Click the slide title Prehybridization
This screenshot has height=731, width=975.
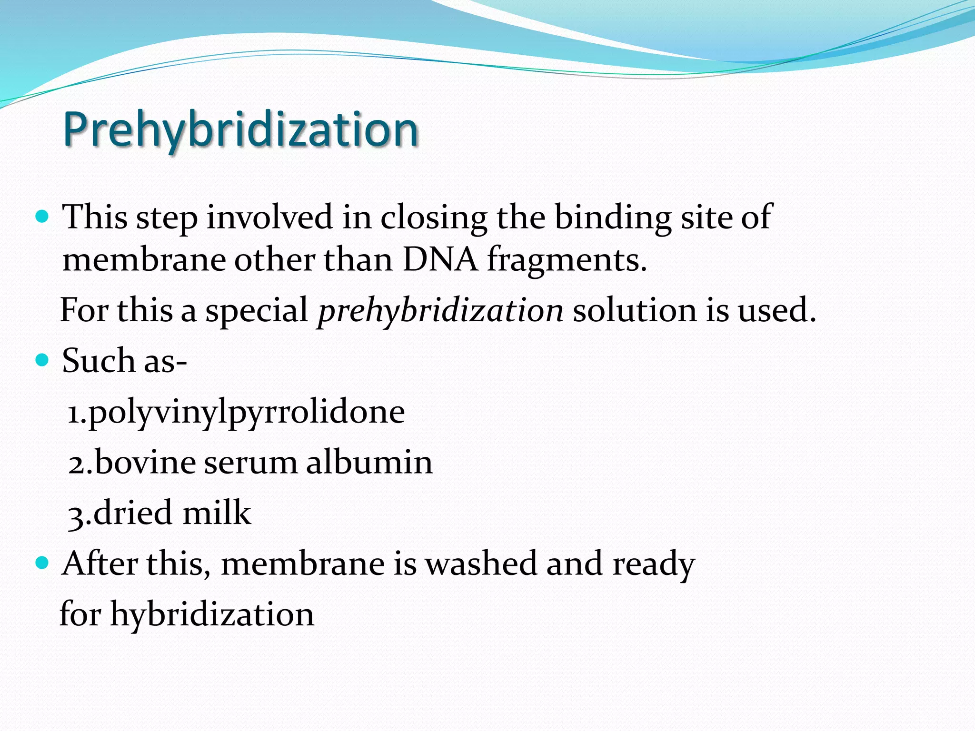point(240,129)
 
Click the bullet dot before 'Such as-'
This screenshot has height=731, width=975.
point(42,360)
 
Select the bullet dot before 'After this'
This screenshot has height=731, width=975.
point(42,563)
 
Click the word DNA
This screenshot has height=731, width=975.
point(439,260)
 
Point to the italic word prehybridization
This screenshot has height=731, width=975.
point(440,311)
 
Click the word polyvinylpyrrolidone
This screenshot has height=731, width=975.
point(246,412)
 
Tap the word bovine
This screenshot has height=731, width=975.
point(145,462)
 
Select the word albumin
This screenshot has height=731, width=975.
point(369,462)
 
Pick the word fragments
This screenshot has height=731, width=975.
point(567,261)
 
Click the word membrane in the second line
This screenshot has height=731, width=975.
point(144,260)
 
